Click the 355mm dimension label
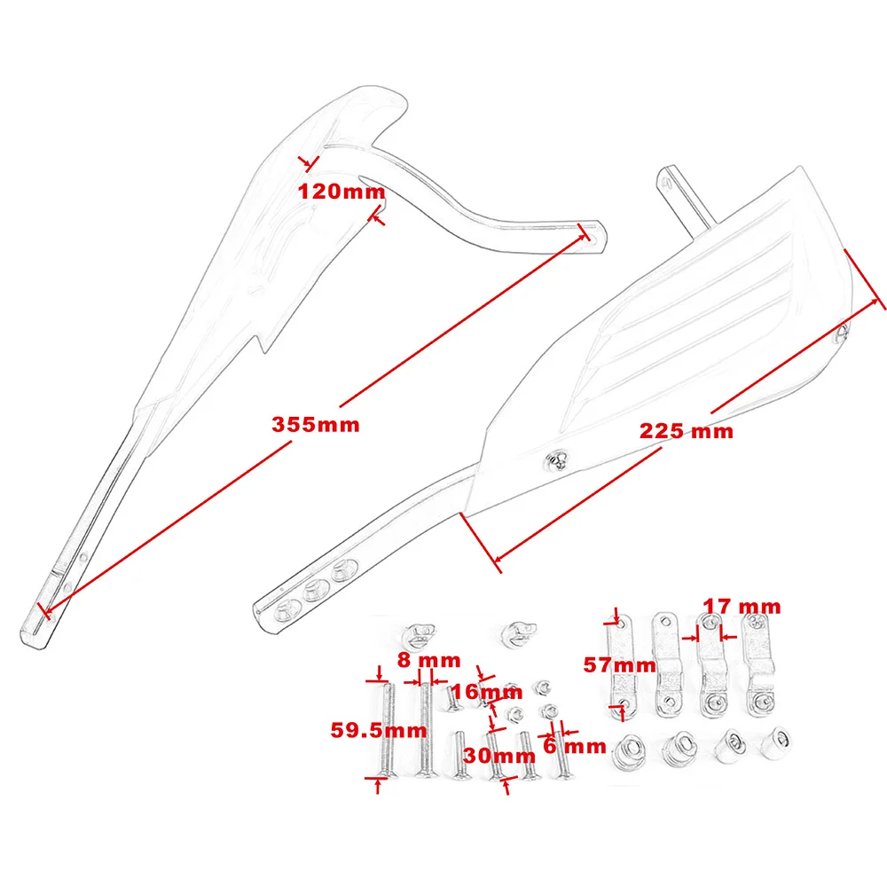point(316,425)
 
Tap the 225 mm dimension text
point(688,432)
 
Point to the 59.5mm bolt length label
point(379,731)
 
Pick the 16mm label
point(487,692)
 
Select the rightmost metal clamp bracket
point(757,665)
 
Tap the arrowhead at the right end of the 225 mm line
point(882,302)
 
